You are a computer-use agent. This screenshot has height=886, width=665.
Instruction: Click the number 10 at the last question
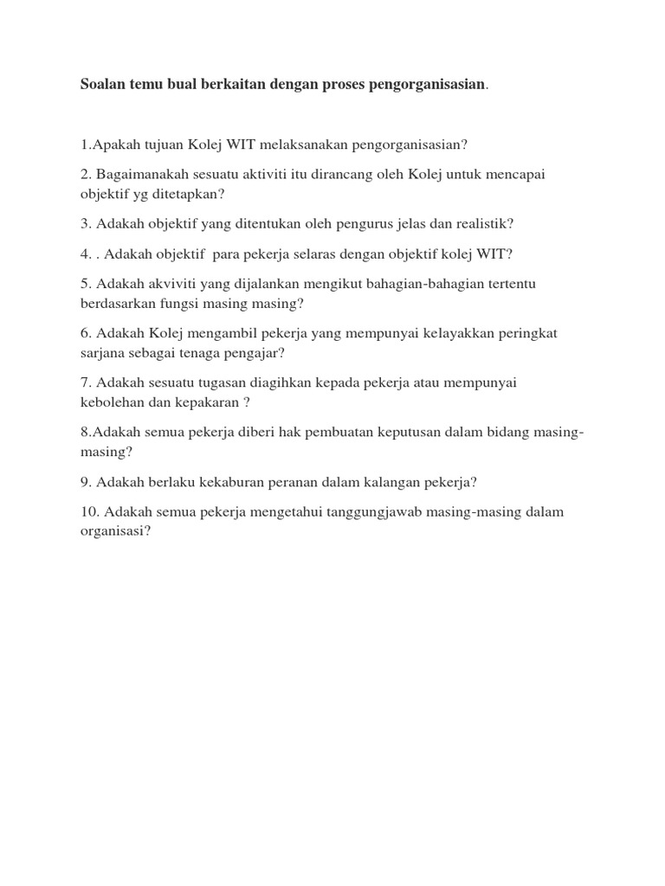pos(88,512)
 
